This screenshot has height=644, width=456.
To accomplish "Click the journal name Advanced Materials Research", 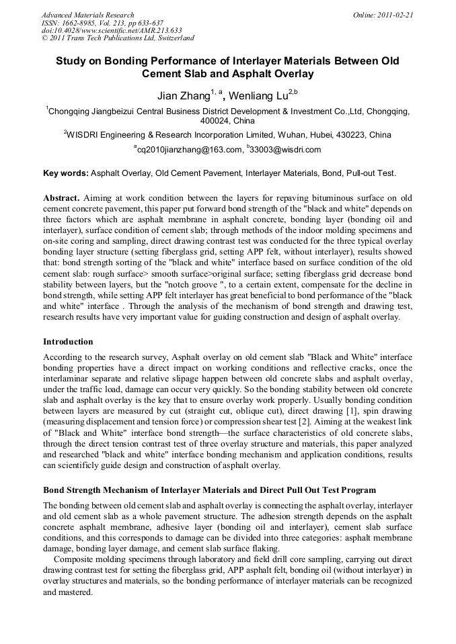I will click(87, 14).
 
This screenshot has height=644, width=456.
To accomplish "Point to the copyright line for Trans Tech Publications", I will click(118, 38).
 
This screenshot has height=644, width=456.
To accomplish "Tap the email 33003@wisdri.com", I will click(285, 150).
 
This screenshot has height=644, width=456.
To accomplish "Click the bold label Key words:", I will click(65, 173).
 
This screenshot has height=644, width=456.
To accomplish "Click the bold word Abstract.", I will click(63, 198).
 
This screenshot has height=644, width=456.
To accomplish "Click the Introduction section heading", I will click(68, 342).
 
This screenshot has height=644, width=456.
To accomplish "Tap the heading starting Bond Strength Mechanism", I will click(209, 490).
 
